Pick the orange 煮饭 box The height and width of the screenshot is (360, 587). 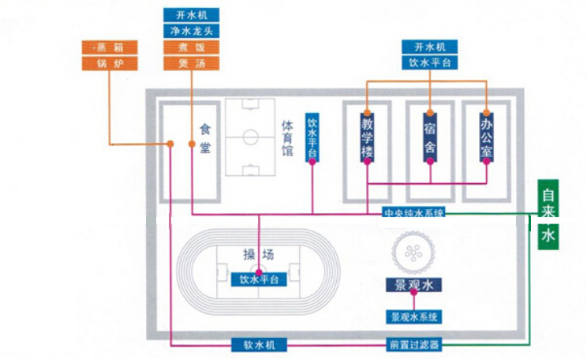(192, 47)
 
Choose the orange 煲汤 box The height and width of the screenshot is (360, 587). (192, 62)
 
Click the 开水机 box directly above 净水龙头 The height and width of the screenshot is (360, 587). (192, 15)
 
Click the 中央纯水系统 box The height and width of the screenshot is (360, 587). (414, 212)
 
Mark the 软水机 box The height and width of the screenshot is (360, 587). (260, 345)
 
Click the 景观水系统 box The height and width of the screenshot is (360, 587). (413, 317)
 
